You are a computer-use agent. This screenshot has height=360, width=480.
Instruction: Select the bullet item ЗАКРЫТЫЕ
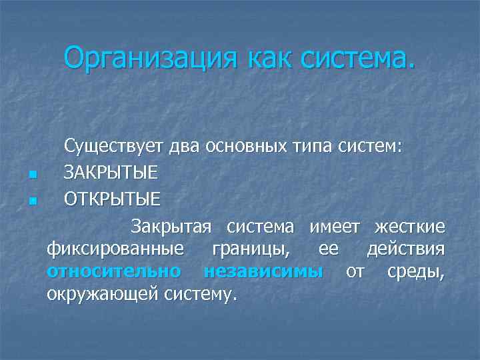tap(111, 173)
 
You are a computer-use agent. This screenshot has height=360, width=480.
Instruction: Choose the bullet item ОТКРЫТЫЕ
tap(112, 199)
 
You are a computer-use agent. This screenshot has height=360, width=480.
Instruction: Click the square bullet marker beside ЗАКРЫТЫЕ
tap(31, 175)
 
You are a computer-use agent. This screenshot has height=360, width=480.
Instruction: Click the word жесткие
tap(409, 227)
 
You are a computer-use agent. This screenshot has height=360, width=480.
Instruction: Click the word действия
tap(405, 249)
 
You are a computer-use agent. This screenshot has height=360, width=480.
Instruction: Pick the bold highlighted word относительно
tap(114, 271)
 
